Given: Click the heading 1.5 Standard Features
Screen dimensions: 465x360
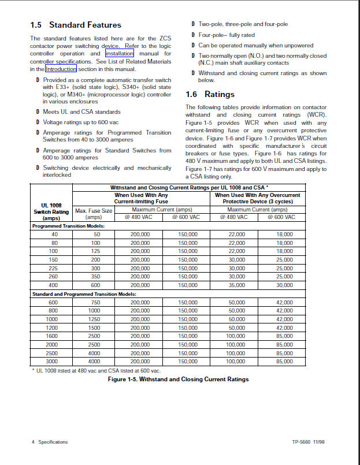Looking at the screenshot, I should click(76, 25).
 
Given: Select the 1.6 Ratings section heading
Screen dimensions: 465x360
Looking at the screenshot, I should click(210, 94).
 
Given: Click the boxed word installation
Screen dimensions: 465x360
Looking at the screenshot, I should click(120, 54).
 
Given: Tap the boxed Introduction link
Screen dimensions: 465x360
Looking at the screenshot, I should click(61, 69).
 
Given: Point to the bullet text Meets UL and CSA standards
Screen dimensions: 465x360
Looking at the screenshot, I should click(81, 111).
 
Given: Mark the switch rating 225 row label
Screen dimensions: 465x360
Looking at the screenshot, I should click(54, 268).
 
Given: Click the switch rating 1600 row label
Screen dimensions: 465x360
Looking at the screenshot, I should click(53, 336).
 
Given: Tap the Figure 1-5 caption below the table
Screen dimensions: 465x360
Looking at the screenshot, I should click(179, 380).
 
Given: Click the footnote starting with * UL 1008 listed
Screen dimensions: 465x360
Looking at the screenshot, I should click(96, 370).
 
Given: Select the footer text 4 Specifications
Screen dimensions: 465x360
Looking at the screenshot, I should click(50, 442).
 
